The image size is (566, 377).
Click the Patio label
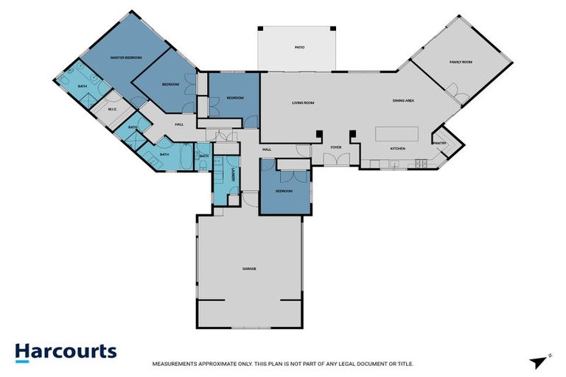pyautogui.click(x=299, y=47)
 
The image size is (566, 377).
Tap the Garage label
pyautogui.click(x=249, y=269)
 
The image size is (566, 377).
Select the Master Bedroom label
pyautogui.click(x=126, y=57)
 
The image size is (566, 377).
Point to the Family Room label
pyautogui.click(x=460, y=62)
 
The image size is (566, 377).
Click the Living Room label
pyautogui.click(x=303, y=103)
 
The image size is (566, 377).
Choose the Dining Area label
pyautogui.click(x=402, y=100)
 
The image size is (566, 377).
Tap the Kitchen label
pyautogui.click(x=398, y=149)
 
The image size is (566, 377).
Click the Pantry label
pyautogui.click(x=440, y=143)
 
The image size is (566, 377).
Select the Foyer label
pyautogui.click(x=335, y=147)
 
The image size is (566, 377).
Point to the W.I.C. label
pyautogui.click(x=113, y=110)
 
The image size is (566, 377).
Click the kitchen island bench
pyautogui.click(x=396, y=133)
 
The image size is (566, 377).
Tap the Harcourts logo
pyautogui.click(x=66, y=351)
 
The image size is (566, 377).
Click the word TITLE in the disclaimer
pyautogui.click(x=405, y=363)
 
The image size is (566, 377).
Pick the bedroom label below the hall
pyautogui.click(x=284, y=191)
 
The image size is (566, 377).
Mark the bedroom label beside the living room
pyautogui.click(x=234, y=98)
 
